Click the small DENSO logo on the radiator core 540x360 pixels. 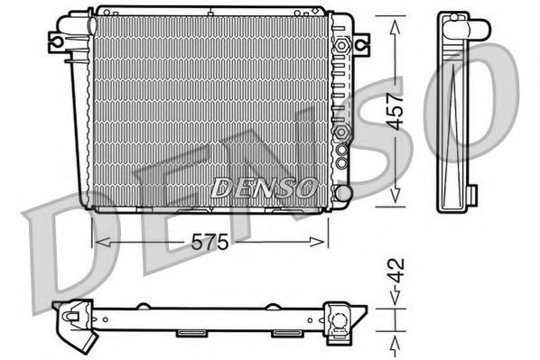tap(263, 187)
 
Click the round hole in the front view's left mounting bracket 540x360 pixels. tap(56, 41)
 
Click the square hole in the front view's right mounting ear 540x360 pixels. tap(361, 42)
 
